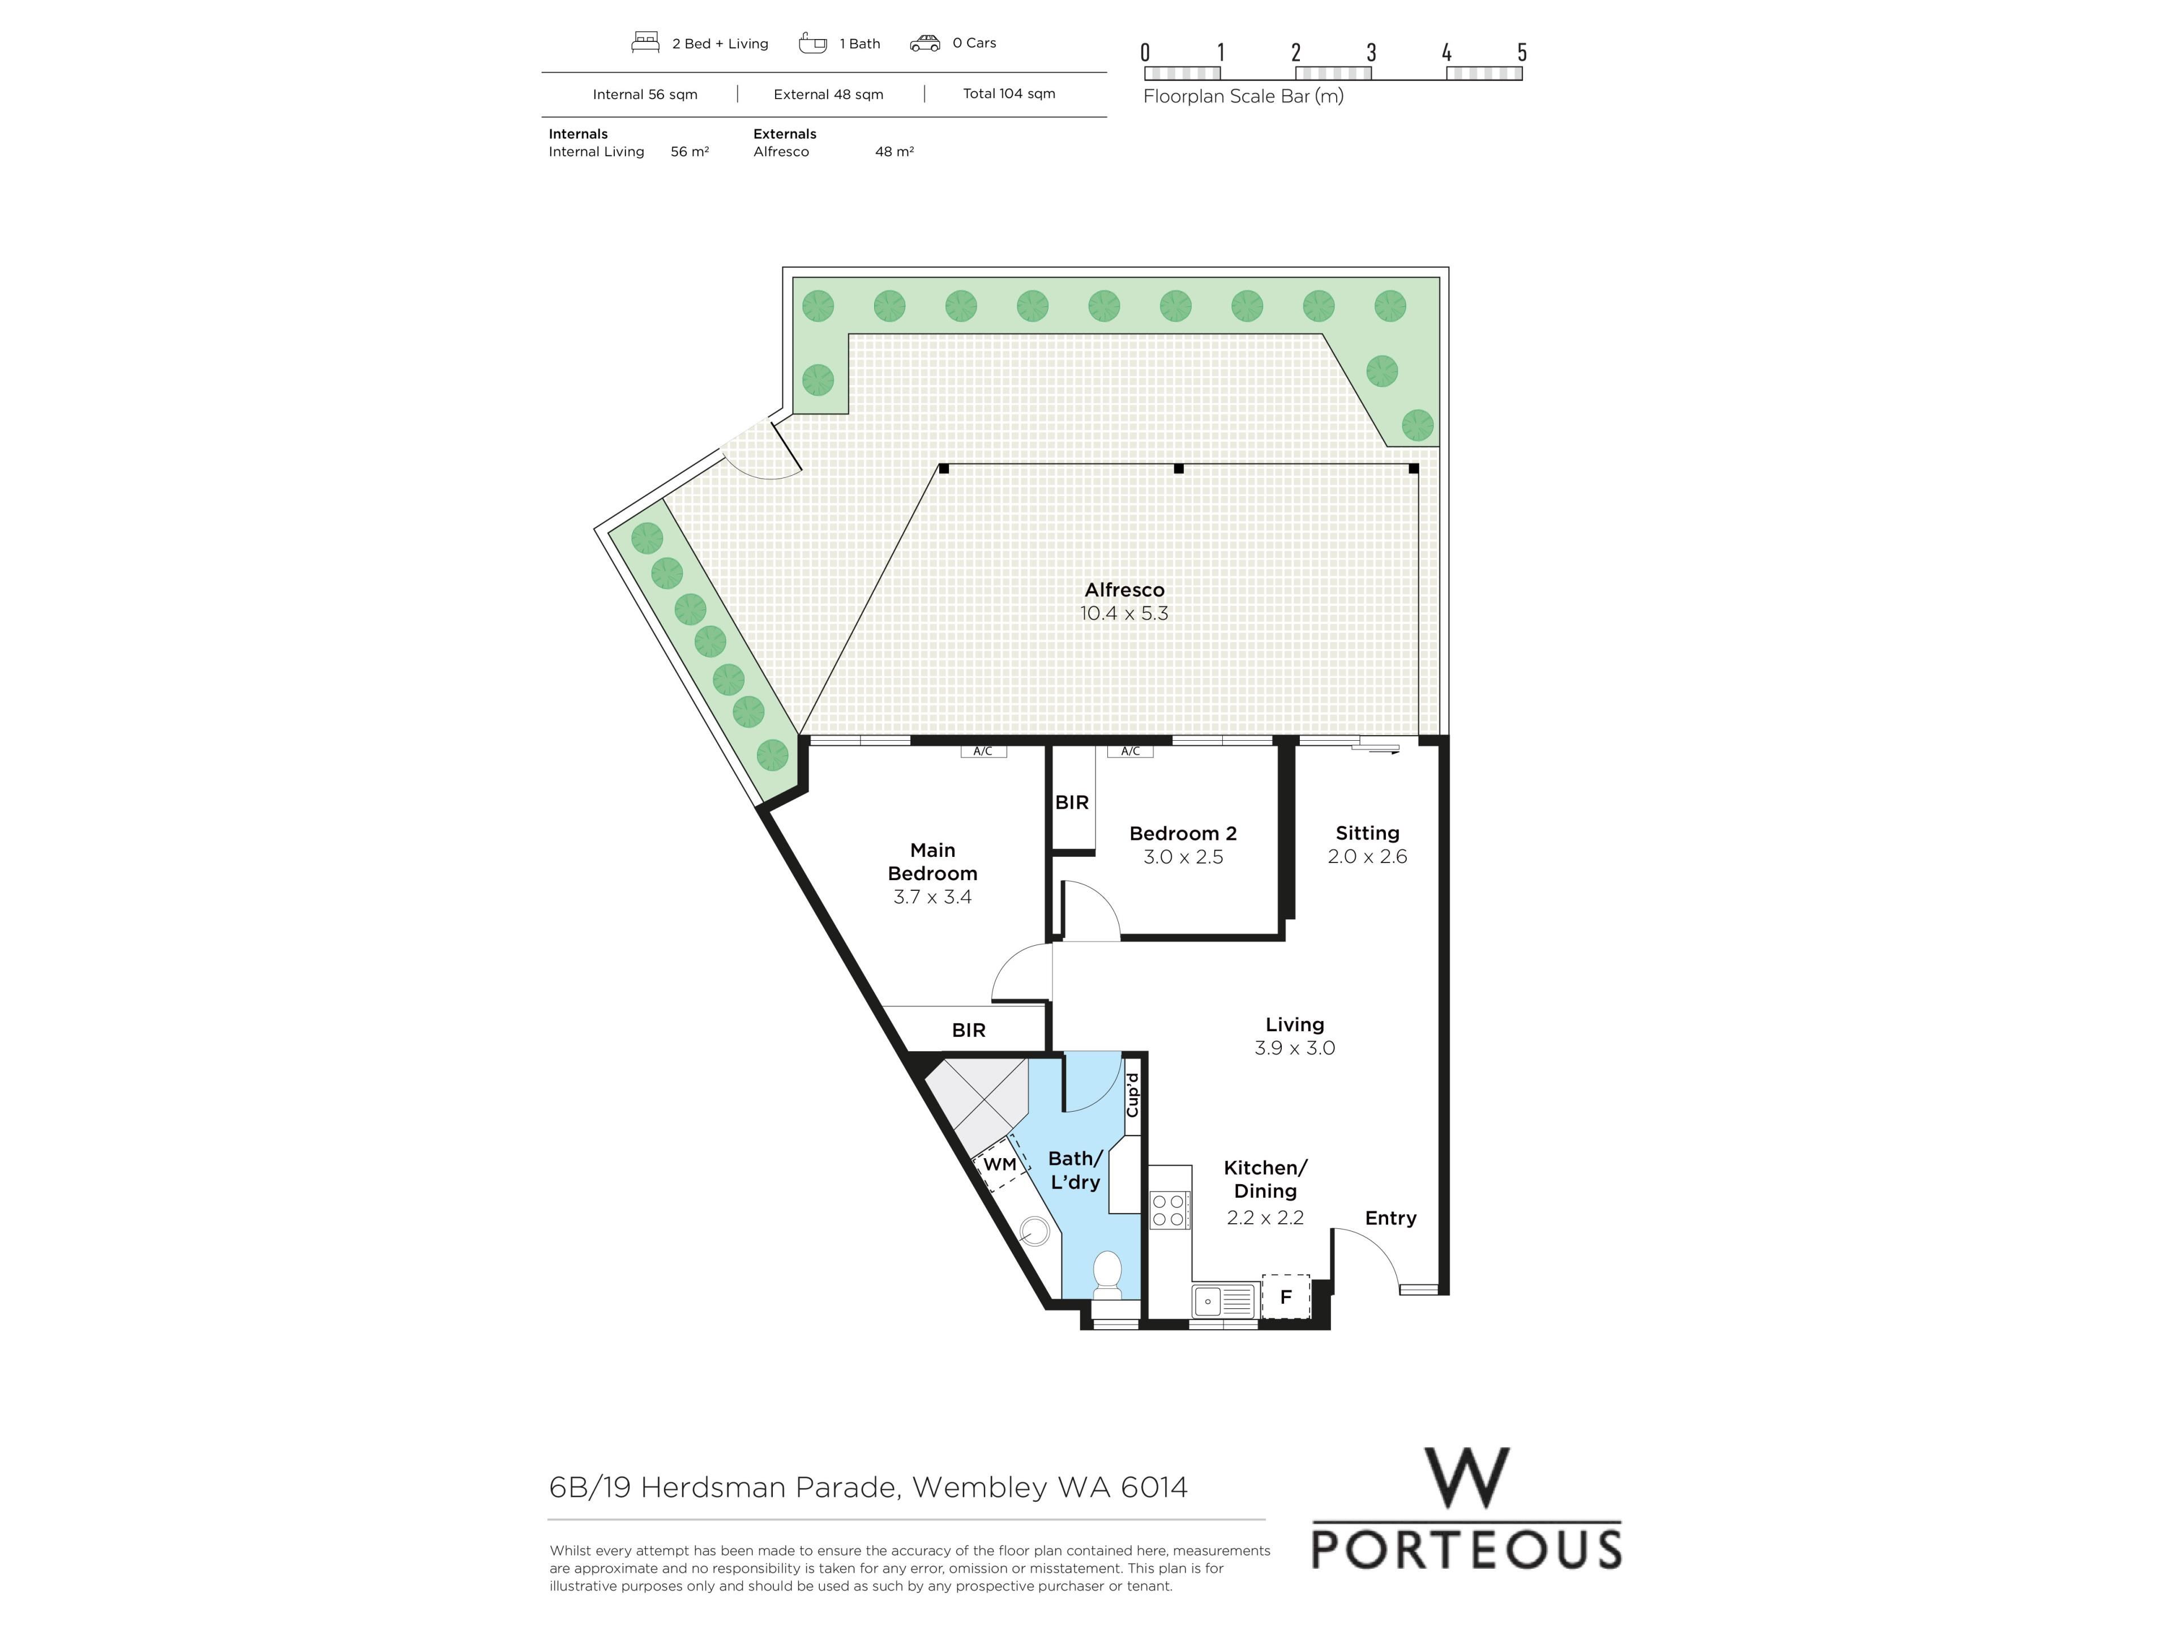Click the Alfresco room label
[x=1124, y=590]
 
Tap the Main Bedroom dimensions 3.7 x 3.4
[x=932, y=896]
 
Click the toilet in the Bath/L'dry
[x=1107, y=1275]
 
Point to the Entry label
[x=1390, y=1218]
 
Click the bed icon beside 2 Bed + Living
[x=645, y=42]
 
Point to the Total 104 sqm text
[x=1009, y=93]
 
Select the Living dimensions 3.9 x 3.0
[x=1294, y=1048]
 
